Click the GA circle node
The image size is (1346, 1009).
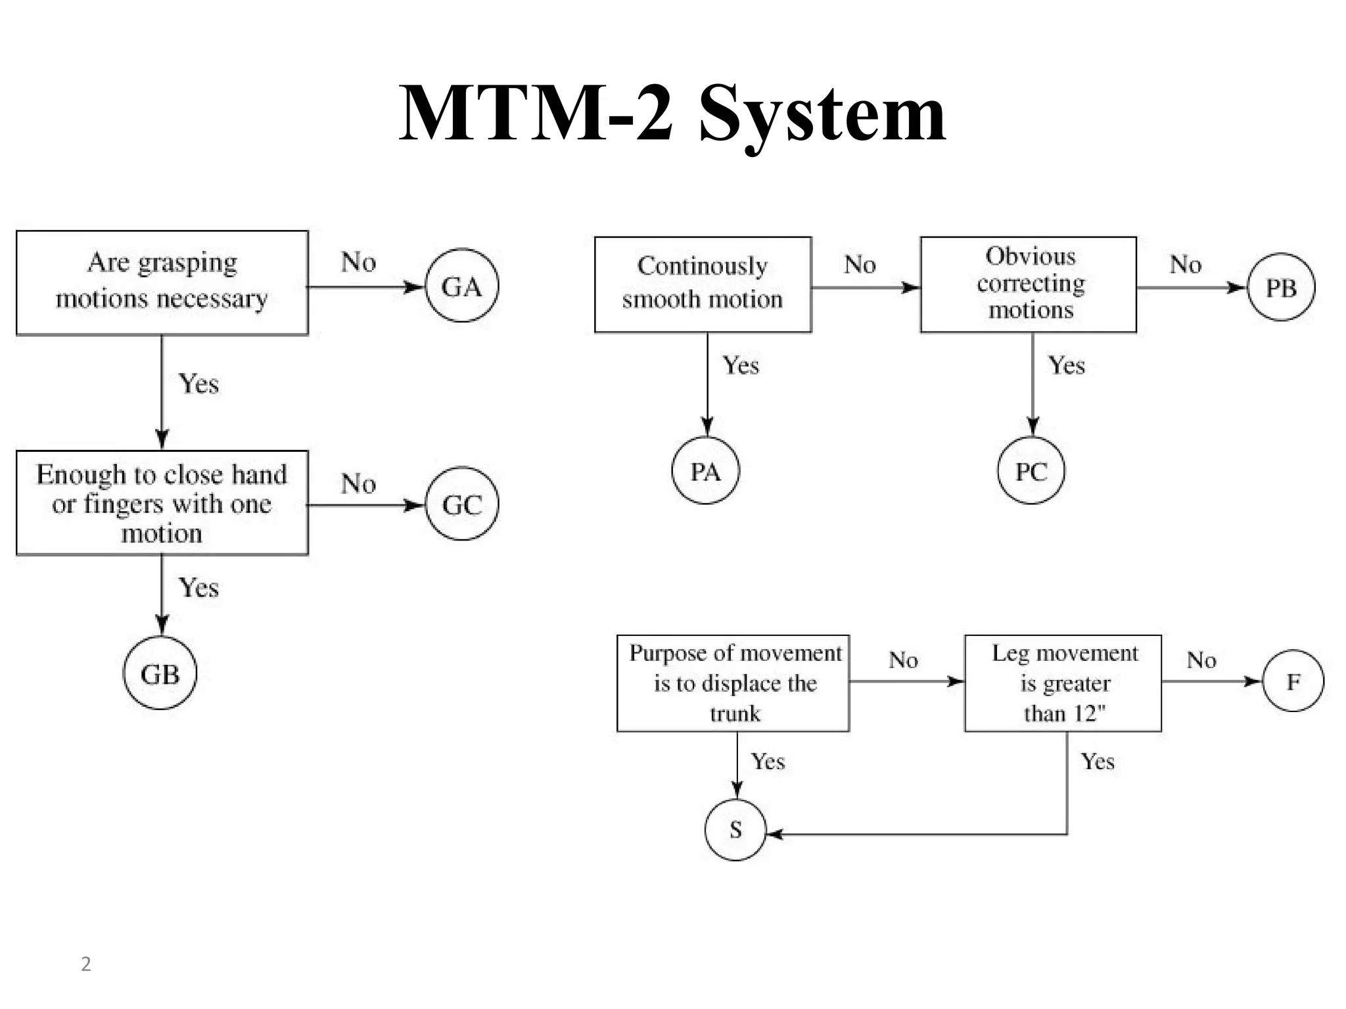pos(462,286)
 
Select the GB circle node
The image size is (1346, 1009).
pos(160,673)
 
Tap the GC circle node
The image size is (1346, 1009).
pos(462,504)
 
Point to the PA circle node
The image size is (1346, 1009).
pos(705,470)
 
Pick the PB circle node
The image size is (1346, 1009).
pos(1280,287)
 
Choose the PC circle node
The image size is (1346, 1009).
pos(1031,470)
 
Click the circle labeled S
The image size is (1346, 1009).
pos(735,829)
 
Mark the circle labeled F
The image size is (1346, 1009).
pos(1293,681)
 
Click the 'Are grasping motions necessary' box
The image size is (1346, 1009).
pos(162,282)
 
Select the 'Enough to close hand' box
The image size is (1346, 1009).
pos(162,503)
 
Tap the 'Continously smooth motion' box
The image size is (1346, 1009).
pos(703,284)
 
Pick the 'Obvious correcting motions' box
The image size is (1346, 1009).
pos(1028,284)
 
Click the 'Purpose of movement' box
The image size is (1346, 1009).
pos(733,683)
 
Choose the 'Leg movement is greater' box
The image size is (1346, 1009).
pos(1063,683)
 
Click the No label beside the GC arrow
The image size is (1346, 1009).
pos(358,484)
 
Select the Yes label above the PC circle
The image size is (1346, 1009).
pos(1066,365)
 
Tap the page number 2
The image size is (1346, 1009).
pos(85,964)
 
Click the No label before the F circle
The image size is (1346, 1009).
pos(1201,660)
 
